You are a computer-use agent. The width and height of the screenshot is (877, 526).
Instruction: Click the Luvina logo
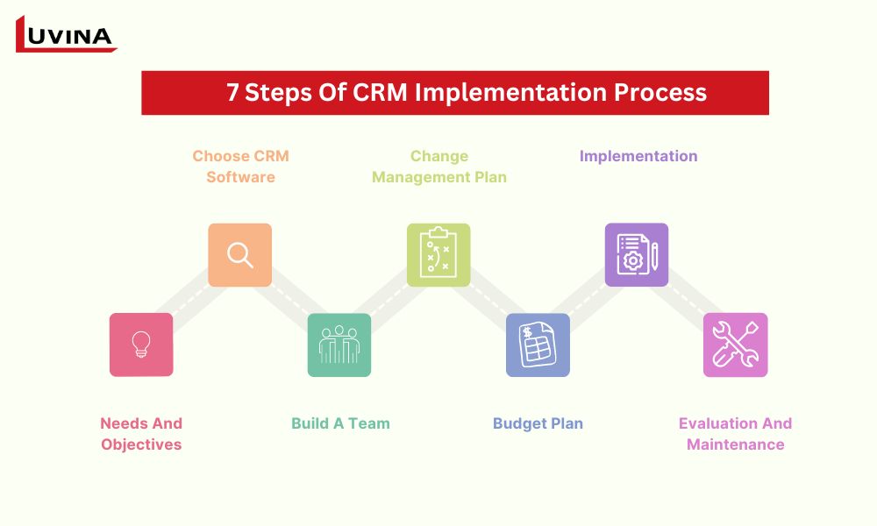[66, 35]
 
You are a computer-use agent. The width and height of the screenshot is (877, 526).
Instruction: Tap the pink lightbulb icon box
[141, 345]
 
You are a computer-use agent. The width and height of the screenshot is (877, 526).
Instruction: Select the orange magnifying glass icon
[239, 255]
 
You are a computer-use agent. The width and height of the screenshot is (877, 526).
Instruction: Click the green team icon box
[339, 345]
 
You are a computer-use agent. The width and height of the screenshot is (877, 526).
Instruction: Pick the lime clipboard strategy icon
[438, 255]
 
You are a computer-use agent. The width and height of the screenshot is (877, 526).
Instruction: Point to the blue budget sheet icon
[538, 345]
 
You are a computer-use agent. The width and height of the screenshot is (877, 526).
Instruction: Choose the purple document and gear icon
[637, 255]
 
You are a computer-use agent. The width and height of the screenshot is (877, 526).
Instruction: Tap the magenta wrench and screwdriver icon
[736, 345]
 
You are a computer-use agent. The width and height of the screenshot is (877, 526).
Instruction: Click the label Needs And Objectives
[141, 434]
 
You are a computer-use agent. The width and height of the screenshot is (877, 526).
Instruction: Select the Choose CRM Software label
[240, 167]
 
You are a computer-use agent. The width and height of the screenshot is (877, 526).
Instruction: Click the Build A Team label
[340, 423]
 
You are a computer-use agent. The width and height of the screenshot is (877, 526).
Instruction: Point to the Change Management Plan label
[439, 167]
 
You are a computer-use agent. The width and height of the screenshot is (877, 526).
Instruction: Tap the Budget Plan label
[538, 423]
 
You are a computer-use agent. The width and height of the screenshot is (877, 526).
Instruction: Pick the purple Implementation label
[638, 156]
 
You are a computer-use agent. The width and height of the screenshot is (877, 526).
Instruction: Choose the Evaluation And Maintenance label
[735, 434]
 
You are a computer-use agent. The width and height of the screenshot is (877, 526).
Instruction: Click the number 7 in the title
[232, 93]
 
